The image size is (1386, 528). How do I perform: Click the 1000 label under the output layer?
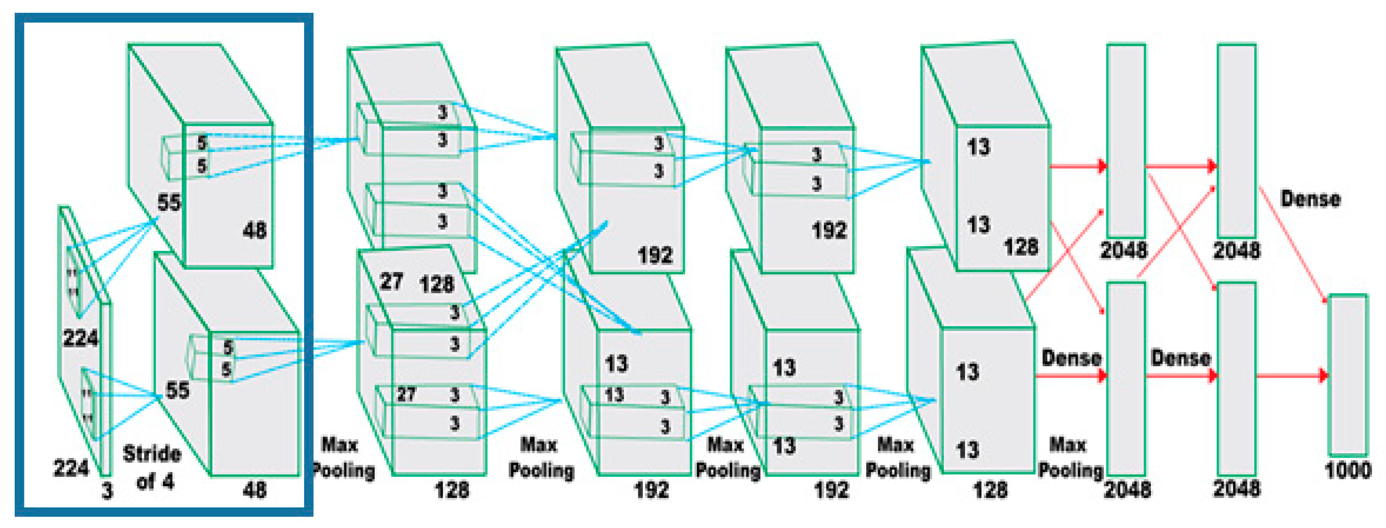click(x=1347, y=471)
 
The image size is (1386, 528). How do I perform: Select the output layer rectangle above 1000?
click(x=1347, y=374)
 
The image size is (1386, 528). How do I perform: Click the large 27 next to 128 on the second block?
click(x=391, y=281)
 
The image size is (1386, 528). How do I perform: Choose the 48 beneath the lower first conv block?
click(x=254, y=490)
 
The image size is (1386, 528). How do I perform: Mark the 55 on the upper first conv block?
click(x=169, y=202)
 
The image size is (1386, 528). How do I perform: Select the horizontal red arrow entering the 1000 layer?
click(x=1291, y=375)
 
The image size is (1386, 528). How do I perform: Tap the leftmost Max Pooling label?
click(x=342, y=458)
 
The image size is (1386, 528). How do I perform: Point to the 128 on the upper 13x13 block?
click(x=1021, y=247)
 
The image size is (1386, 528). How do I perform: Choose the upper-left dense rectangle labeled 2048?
click(x=1126, y=140)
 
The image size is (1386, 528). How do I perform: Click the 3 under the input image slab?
click(x=108, y=491)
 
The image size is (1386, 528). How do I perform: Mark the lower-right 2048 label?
click(x=1237, y=489)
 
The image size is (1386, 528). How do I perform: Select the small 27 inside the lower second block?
click(x=406, y=394)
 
